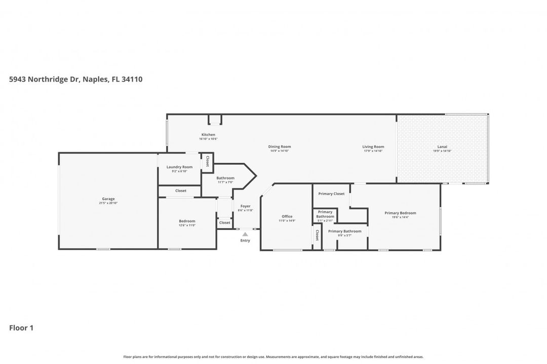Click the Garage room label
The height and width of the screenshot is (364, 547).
tap(108, 199)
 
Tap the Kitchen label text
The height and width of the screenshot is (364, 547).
tap(208, 134)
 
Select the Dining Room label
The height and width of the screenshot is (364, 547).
tap(280, 147)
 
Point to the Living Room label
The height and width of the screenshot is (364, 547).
tap(373, 147)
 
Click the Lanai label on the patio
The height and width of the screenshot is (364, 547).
tap(442, 147)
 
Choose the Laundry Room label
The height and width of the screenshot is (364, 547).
tap(179, 167)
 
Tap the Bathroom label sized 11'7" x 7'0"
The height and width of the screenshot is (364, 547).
tap(225, 178)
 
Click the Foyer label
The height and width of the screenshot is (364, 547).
tap(245, 206)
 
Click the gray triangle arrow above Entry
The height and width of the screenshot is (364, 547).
tap(245, 234)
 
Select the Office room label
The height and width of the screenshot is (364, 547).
tap(287, 216)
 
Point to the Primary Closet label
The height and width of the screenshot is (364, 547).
tap(331, 194)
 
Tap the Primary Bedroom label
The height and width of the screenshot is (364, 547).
tap(400, 213)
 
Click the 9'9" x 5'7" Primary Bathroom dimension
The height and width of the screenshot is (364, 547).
tap(344, 236)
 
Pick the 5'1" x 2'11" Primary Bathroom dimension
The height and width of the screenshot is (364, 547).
tap(325, 221)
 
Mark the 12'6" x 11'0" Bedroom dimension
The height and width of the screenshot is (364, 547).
tap(187, 225)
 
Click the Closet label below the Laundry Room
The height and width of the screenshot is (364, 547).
tap(181, 191)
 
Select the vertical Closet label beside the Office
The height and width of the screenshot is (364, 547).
tap(317, 235)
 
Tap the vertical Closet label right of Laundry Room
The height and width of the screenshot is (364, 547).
tap(207, 161)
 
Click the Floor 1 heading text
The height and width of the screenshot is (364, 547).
tap(21, 328)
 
